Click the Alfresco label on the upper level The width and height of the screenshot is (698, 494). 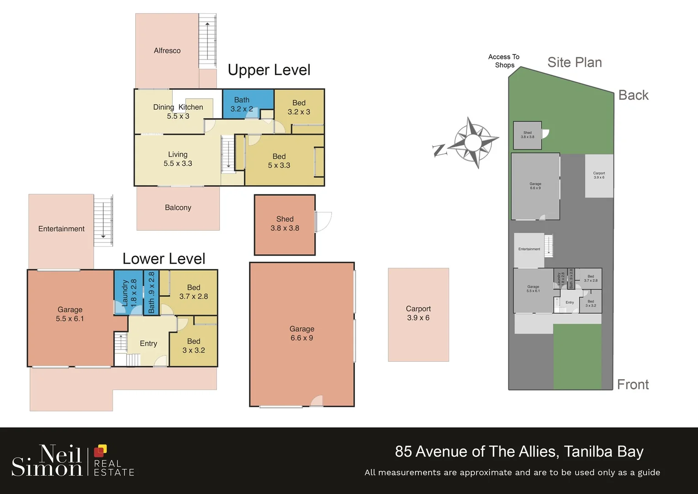coord(167,51)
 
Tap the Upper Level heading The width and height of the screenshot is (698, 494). coord(269,70)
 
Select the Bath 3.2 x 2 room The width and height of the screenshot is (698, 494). coord(242,104)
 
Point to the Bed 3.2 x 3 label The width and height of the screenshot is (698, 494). coord(299,107)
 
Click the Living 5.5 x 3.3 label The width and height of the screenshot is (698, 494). coord(178,159)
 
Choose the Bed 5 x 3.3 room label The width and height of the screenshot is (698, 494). coord(279,161)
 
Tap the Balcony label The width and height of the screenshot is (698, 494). coord(178,208)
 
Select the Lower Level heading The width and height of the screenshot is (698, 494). coord(164,259)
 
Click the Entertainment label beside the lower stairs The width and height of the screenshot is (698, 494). coord(61,229)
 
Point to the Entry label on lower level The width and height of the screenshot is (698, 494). coord(148,344)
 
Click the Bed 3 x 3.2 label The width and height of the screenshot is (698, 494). coord(194,346)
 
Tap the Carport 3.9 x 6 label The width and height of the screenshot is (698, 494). coord(418,313)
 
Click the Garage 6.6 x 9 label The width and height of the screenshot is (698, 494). coord(301,333)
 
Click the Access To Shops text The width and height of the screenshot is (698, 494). coord(504,61)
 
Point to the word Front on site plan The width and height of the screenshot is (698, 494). coord(633,385)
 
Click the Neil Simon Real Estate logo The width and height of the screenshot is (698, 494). coord(73,461)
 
